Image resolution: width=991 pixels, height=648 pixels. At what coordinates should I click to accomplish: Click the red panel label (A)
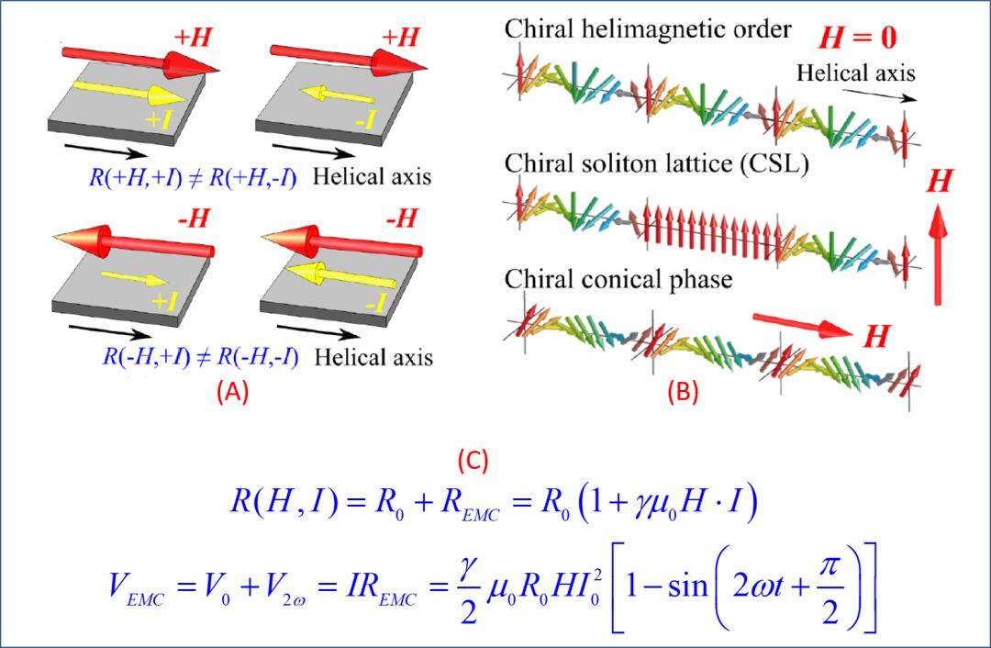(232, 392)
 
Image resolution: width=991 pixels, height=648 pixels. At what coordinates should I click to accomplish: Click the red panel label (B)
(683, 392)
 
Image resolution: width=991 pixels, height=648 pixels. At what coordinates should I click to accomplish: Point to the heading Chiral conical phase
(618, 278)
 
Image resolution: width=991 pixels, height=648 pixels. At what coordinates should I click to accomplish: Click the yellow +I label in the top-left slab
(171, 117)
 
